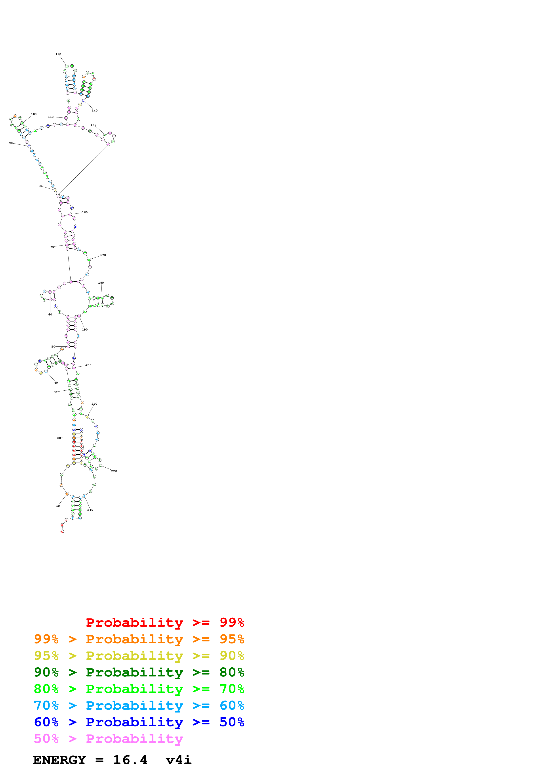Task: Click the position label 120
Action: [58, 54]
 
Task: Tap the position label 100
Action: [34, 114]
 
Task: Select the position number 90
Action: [11, 143]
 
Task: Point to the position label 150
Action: [93, 125]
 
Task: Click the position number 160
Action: [85, 212]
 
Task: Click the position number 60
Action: [50, 314]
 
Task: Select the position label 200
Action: [88, 365]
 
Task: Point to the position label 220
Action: [114, 471]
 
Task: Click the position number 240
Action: [90, 510]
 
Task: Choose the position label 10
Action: [58, 506]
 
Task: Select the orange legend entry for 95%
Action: [139, 639]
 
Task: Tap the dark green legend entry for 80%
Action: [139, 672]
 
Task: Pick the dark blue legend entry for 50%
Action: [139, 722]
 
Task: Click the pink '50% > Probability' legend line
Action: [108, 738]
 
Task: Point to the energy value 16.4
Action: [130, 760]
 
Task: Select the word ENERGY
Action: [59, 760]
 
